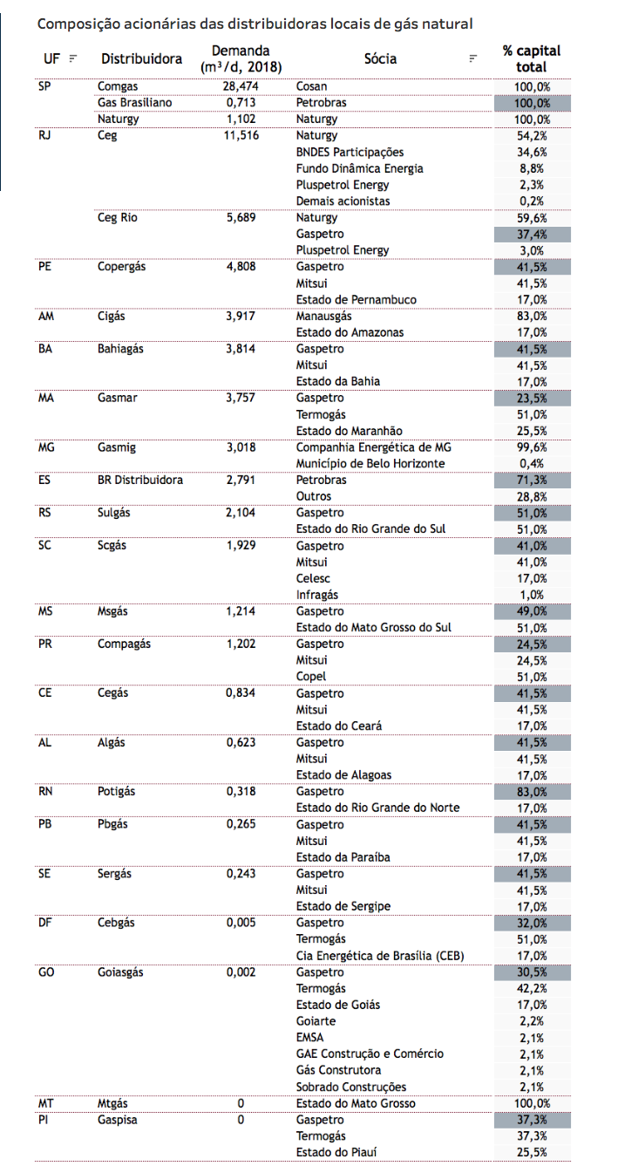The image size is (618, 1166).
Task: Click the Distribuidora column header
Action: coord(141,58)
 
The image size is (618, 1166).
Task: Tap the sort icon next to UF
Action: coord(73,58)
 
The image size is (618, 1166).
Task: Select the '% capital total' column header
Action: coord(531,58)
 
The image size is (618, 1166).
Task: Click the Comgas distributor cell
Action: coord(118,86)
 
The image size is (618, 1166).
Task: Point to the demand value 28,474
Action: coord(241,86)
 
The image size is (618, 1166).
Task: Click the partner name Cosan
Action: coord(312,86)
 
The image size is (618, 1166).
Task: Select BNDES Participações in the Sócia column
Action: coord(350,152)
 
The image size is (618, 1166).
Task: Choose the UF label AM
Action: coord(45,316)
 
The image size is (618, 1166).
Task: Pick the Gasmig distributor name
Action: coord(117,447)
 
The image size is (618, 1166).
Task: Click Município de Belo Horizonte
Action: coord(370,463)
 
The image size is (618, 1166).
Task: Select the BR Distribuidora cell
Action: coord(140,480)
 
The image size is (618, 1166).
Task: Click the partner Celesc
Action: coord(313,578)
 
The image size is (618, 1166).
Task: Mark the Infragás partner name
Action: coord(318,595)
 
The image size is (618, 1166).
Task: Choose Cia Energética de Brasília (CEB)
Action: coord(380,956)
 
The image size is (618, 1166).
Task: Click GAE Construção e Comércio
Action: coord(370,1053)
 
